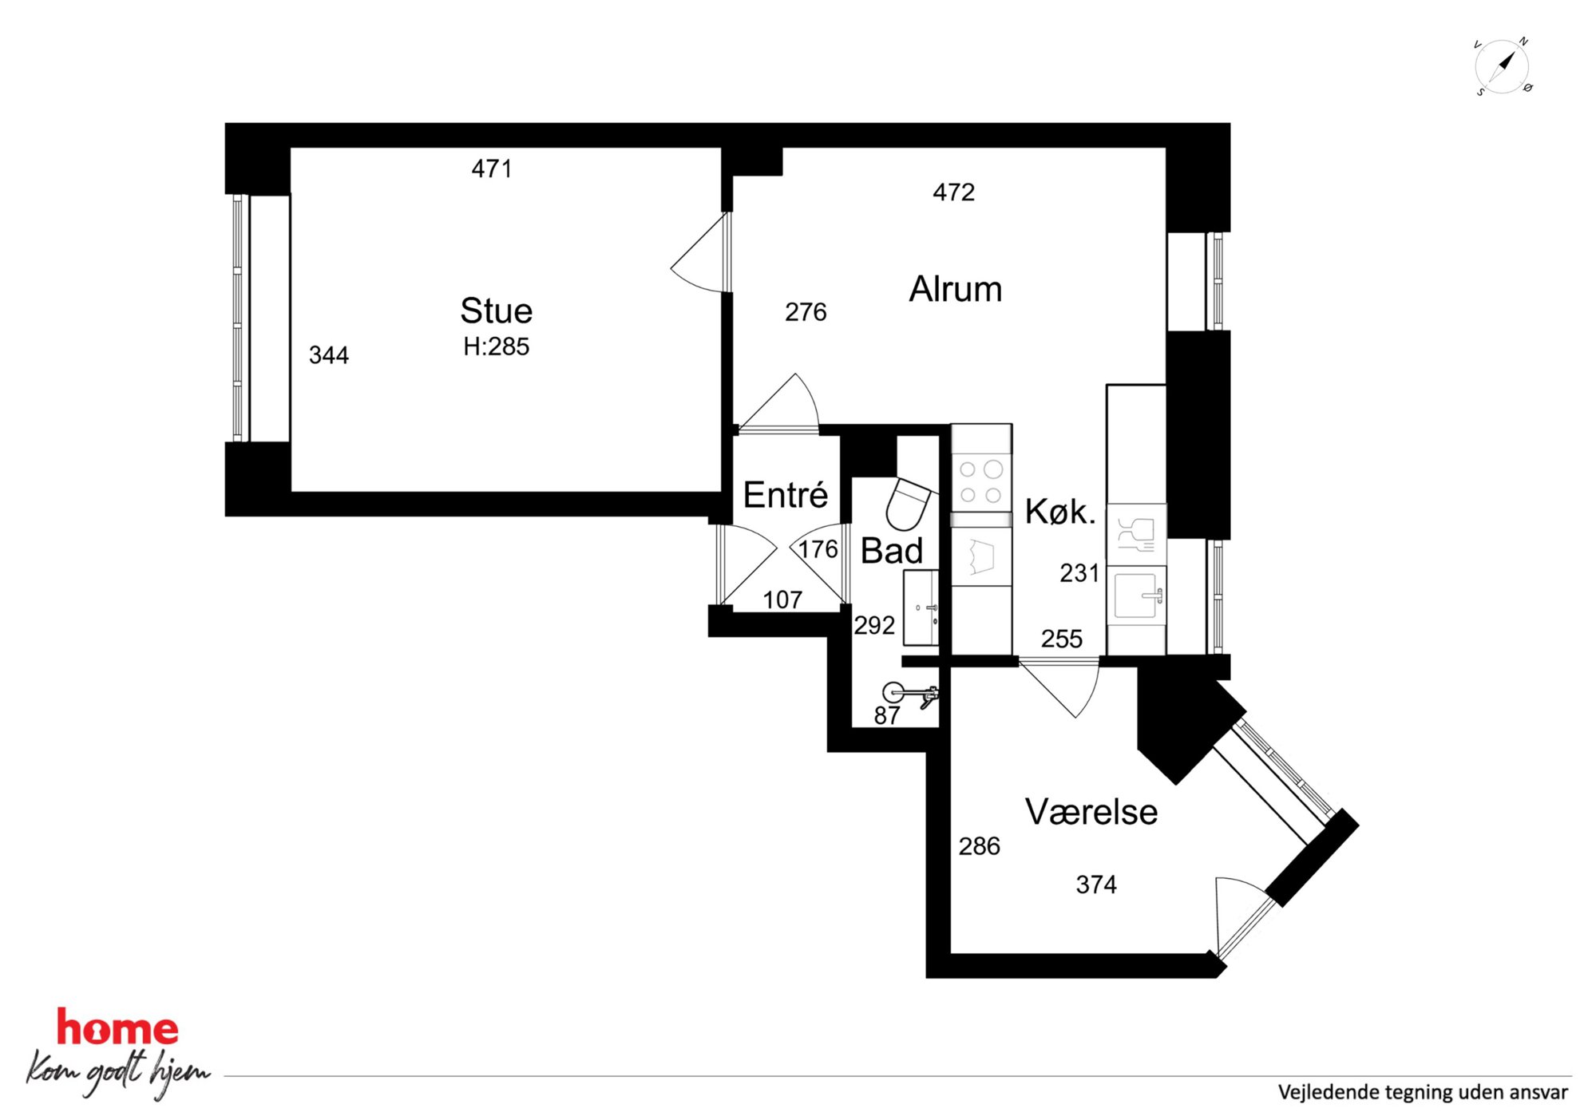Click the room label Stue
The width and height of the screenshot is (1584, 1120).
click(x=496, y=311)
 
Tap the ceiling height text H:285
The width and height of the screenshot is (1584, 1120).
click(x=496, y=346)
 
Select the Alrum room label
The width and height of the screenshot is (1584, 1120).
click(x=955, y=289)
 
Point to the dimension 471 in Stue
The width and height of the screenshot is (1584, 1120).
click(x=492, y=168)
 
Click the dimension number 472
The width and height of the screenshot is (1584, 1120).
click(x=953, y=192)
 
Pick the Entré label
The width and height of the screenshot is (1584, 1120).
click(x=785, y=495)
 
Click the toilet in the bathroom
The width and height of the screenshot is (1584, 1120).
click(x=909, y=504)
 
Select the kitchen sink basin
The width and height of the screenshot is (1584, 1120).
click(x=1135, y=596)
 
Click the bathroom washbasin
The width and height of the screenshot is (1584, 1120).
click(x=921, y=607)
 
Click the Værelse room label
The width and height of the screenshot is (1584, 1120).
click(x=1091, y=812)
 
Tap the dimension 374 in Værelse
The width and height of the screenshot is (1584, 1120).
click(x=1095, y=885)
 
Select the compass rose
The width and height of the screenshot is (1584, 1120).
click(x=1503, y=66)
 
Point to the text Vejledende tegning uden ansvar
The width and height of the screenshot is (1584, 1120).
click(x=1422, y=1092)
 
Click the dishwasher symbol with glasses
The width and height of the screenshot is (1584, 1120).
click(x=1135, y=535)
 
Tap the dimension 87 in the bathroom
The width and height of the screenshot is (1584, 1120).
click(x=886, y=716)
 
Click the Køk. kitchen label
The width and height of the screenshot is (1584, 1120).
click(x=1059, y=511)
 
